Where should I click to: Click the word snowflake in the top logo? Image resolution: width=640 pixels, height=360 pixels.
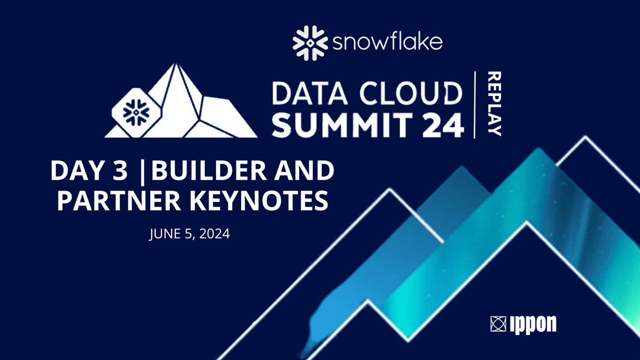coord(388,42)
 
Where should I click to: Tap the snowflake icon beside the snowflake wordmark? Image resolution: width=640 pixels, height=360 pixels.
coord(310,43)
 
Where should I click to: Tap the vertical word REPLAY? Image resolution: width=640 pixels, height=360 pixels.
coord(494,103)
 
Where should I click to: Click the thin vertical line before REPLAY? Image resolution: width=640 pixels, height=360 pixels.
coord(474,105)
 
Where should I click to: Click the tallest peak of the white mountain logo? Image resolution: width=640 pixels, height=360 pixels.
coord(175,64)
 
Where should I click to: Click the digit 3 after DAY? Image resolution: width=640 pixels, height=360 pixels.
coord(120,170)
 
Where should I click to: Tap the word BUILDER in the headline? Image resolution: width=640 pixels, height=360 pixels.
coord(209,170)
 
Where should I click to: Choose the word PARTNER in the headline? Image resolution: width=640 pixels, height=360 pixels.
coord(118,200)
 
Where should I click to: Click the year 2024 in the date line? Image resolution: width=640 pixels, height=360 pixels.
coord(215,234)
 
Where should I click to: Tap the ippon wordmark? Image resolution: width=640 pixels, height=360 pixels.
coord(533,324)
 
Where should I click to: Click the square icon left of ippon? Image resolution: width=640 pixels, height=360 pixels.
coord(498,324)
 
